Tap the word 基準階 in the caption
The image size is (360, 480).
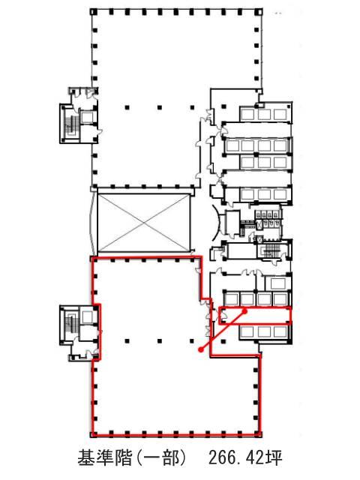(x=105, y=458)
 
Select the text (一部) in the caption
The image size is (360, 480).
(x=161, y=458)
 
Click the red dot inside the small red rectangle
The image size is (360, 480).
(x=245, y=311)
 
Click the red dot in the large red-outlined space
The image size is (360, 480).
(x=201, y=349)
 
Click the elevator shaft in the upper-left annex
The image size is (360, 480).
(x=88, y=118)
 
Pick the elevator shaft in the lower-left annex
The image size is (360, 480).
(x=88, y=316)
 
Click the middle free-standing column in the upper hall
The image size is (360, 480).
(x=160, y=107)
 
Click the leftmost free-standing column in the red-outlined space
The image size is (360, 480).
(x=127, y=340)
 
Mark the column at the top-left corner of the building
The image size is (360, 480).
(x=93, y=12)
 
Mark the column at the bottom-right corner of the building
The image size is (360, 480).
(x=259, y=433)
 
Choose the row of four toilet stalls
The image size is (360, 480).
(x=268, y=215)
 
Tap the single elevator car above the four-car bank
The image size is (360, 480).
(x=278, y=283)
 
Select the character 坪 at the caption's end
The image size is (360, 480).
(x=274, y=458)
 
